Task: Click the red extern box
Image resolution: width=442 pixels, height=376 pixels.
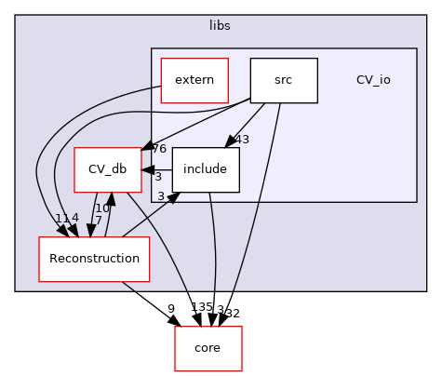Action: [x=194, y=80]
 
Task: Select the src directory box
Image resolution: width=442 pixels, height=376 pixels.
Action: [x=284, y=80]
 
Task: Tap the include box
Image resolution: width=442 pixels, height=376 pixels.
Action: [x=206, y=169]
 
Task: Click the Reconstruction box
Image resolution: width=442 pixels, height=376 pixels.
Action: [x=94, y=259]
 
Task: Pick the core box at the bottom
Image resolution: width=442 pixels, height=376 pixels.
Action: [x=208, y=348]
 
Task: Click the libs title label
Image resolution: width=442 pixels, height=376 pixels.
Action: [x=220, y=25]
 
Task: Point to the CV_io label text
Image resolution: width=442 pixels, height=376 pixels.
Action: [x=373, y=80]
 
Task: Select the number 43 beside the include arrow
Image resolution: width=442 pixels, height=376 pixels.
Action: [x=217, y=140]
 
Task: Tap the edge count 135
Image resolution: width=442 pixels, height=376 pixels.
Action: [x=175, y=308]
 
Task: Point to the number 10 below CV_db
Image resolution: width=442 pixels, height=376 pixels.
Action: [x=101, y=208]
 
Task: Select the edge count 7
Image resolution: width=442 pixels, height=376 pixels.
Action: [x=99, y=220]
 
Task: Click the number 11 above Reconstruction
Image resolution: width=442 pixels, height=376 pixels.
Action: [x=60, y=218]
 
